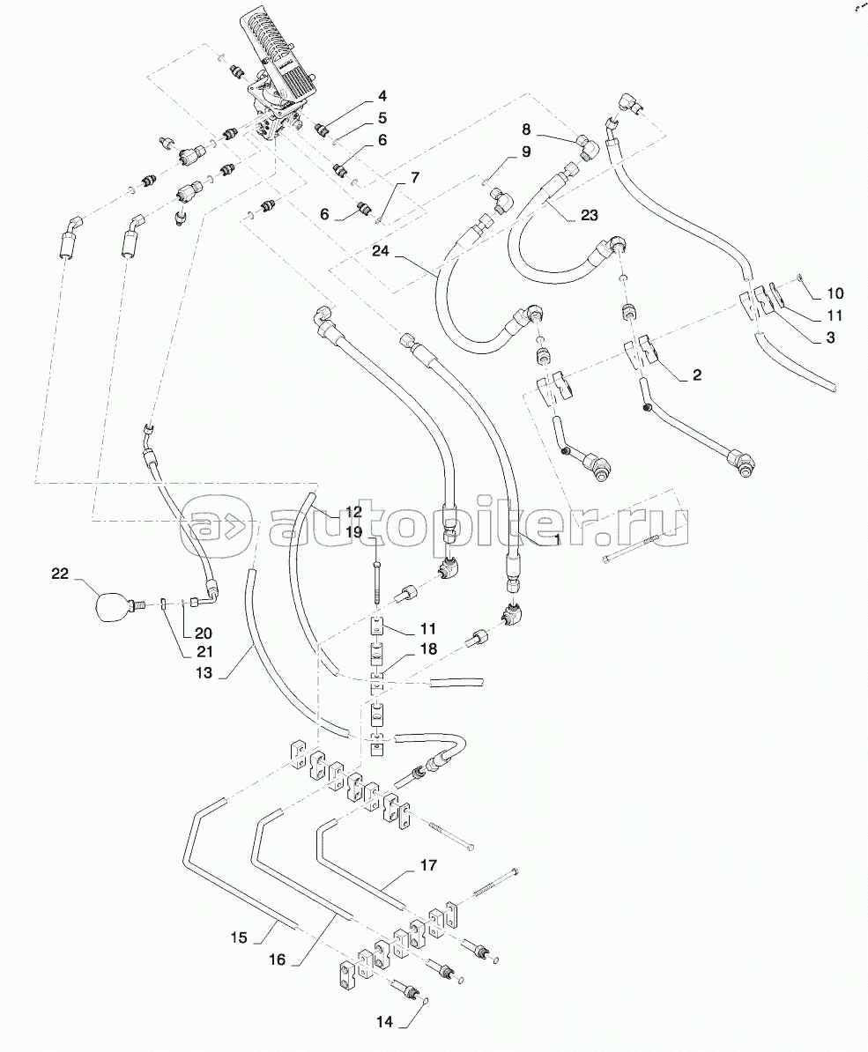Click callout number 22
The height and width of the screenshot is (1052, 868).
[60, 575]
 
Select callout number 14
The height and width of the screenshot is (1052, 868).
[386, 1024]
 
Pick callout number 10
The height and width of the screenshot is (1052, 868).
[835, 293]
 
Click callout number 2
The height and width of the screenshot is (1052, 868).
[695, 375]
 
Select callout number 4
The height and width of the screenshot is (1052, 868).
[382, 96]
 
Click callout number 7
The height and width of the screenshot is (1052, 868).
[415, 176]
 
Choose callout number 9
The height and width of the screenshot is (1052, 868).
[525, 152]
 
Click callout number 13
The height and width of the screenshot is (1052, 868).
[204, 673]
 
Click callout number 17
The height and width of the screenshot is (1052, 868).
[427, 865]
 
